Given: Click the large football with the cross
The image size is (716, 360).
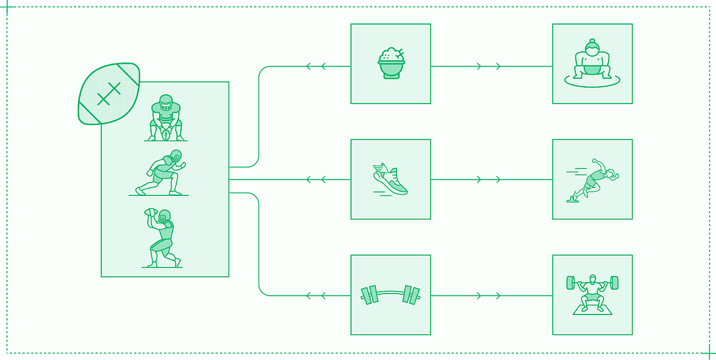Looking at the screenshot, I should coord(109,93).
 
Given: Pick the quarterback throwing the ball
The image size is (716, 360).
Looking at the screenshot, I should coord(161,238).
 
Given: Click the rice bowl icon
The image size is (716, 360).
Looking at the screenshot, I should coord(391,63).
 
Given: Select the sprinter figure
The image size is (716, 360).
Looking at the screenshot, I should coord(593,179).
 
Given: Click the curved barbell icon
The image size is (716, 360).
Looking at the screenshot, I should coord(391,295).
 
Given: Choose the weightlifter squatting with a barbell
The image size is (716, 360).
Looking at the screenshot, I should coord(592,294).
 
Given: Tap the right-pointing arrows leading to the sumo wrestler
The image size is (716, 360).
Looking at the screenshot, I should coord(489,66).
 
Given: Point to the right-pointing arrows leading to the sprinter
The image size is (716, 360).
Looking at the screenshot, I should coord(489,179).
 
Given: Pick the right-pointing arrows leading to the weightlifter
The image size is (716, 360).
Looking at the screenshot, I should coord(489,296).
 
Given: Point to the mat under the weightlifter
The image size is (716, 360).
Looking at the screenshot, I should coord(592,310).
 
